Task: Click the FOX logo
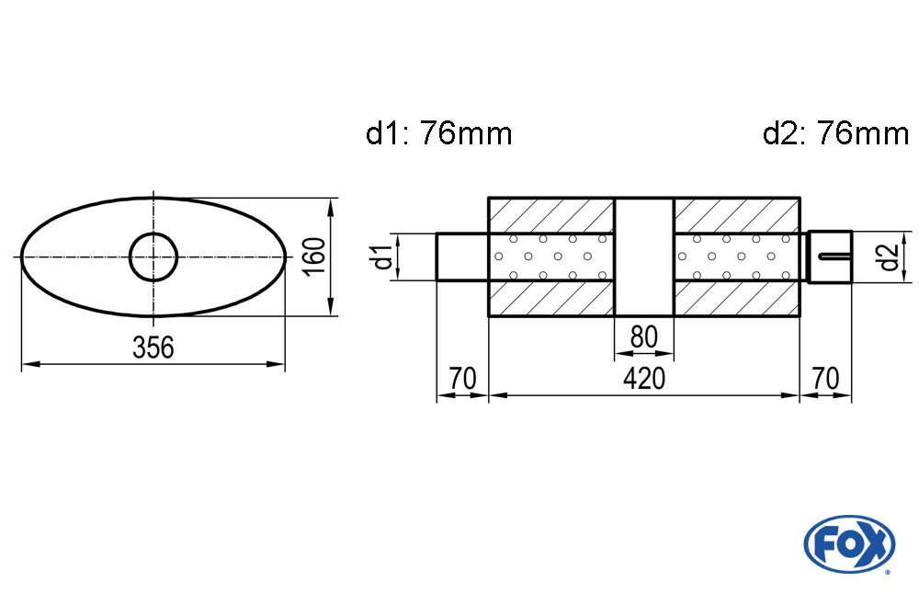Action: (849, 543)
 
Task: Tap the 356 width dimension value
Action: (153, 348)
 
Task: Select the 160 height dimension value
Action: (314, 257)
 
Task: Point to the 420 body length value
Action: (643, 378)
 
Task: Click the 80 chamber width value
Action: (643, 336)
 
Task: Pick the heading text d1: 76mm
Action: (439, 133)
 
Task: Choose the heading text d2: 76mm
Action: (835, 133)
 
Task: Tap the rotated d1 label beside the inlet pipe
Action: (384, 257)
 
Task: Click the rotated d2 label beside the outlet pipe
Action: (889, 257)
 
